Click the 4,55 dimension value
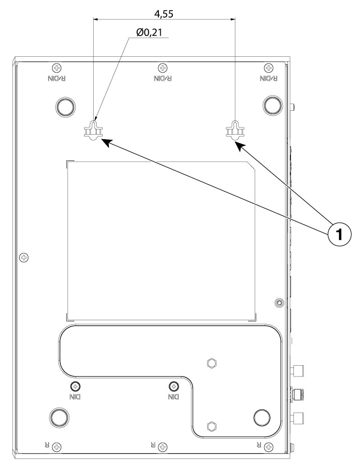coord(164,14)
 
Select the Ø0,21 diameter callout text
coord(149,32)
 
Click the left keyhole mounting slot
coord(94,130)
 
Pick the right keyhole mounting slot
coord(235,130)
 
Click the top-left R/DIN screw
coord(57,68)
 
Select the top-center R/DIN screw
coord(162,68)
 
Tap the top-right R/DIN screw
coord(269,68)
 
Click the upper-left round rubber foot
coord(66,106)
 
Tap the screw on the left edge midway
coord(24,257)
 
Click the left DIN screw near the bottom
coord(75,386)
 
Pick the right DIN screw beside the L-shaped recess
coord(174,386)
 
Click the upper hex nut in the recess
coord(211,363)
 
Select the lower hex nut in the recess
coord(211,426)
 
